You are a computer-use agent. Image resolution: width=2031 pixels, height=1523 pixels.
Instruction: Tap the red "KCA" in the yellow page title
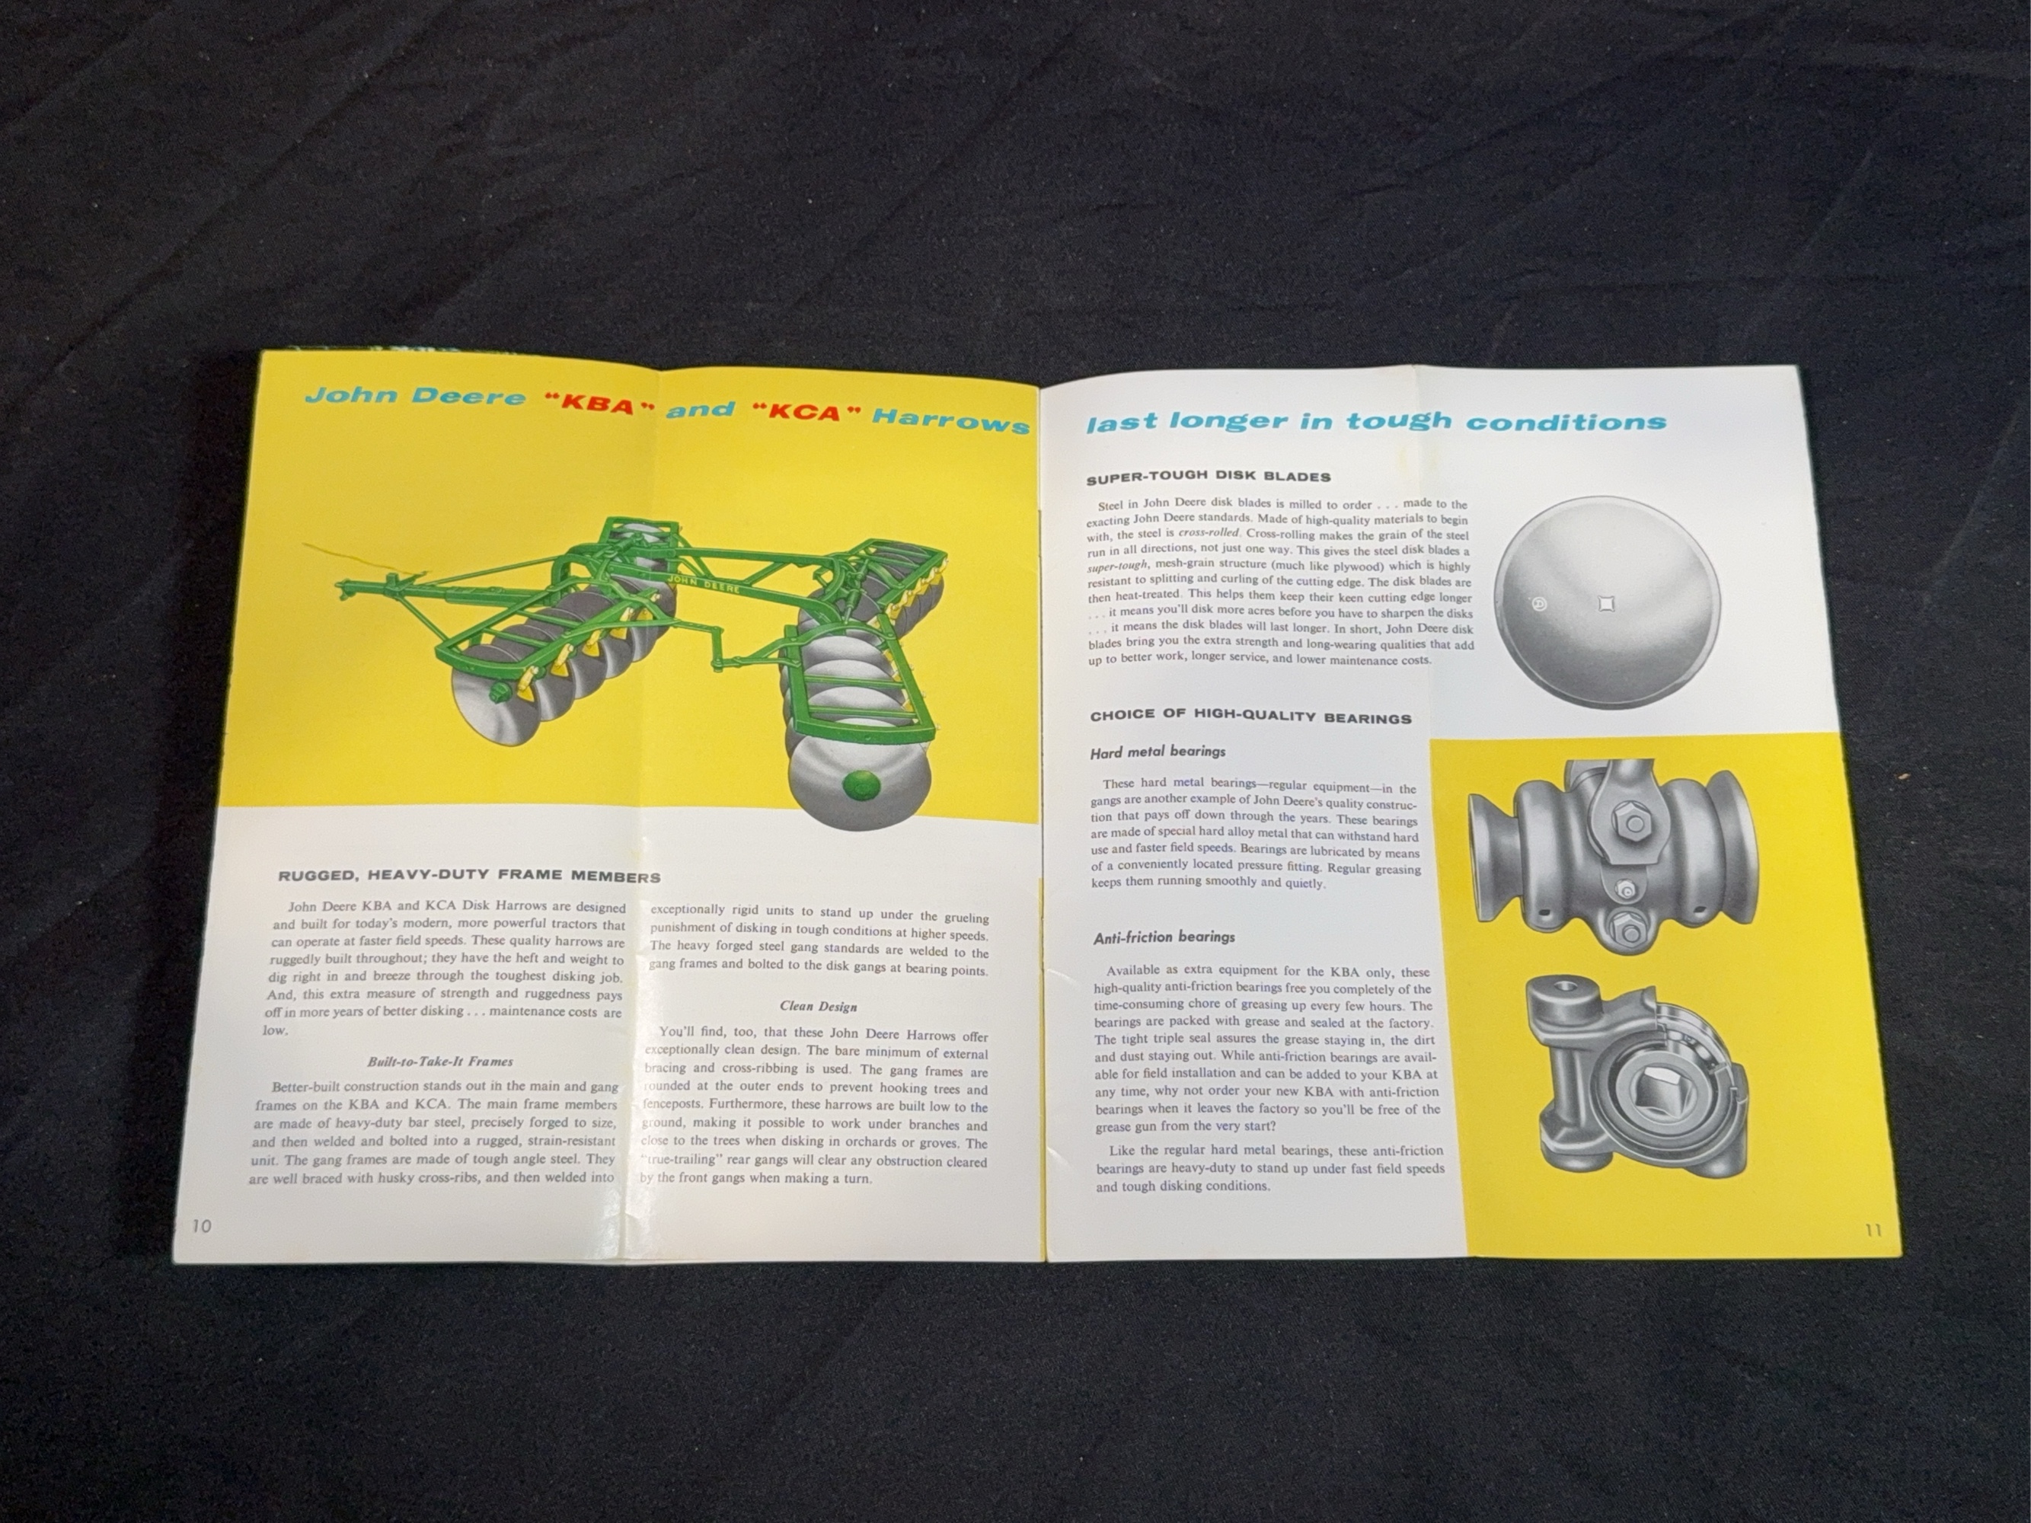click(x=805, y=412)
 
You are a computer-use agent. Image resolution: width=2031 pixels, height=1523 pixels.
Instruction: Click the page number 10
click(x=201, y=1227)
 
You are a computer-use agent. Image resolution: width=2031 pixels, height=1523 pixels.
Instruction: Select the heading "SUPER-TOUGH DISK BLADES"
click(x=1209, y=477)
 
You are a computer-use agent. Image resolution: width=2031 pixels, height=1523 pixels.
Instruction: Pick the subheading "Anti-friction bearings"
click(x=1164, y=937)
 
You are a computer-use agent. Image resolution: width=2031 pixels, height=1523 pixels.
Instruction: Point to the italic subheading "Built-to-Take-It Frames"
click(x=440, y=1062)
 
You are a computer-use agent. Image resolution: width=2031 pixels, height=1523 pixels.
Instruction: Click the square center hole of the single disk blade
click(x=1606, y=603)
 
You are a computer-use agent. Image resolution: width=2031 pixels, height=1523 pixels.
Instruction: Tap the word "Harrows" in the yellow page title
click(x=950, y=420)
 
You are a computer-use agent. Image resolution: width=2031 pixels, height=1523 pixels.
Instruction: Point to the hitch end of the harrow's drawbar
click(x=347, y=585)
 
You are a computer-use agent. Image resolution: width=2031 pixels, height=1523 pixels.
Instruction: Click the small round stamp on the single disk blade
click(x=1540, y=603)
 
